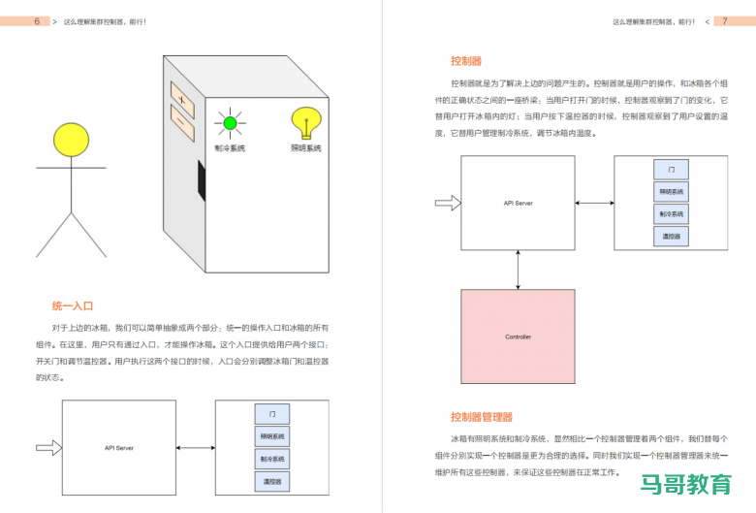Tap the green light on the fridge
(x=230, y=123)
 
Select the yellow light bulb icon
(x=306, y=123)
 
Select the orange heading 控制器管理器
(x=482, y=417)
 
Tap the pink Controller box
(x=519, y=337)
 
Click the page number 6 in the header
(x=36, y=21)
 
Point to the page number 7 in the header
(x=725, y=21)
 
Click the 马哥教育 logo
(x=687, y=484)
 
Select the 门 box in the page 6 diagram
(x=272, y=414)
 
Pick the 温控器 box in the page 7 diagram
(x=672, y=236)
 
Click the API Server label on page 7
(x=519, y=203)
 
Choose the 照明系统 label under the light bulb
(x=306, y=148)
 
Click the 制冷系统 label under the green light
(x=230, y=148)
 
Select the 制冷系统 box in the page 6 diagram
(x=272, y=459)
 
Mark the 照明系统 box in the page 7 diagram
(x=672, y=191)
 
